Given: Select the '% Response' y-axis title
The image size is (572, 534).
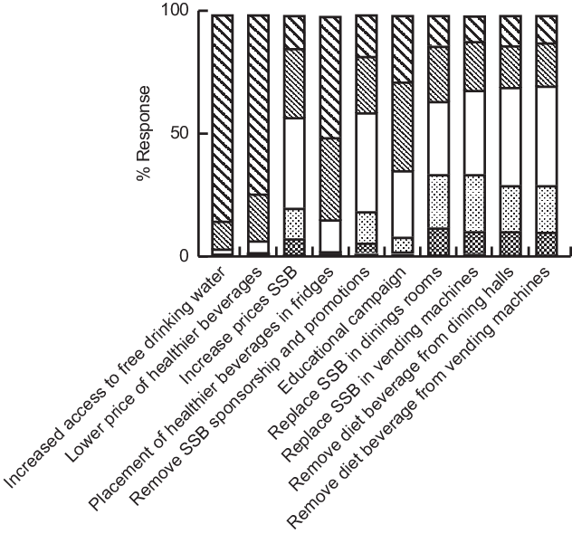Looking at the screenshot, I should pyautogui.click(x=146, y=134).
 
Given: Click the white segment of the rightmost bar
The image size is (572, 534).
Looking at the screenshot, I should pyautogui.click(x=546, y=136).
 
